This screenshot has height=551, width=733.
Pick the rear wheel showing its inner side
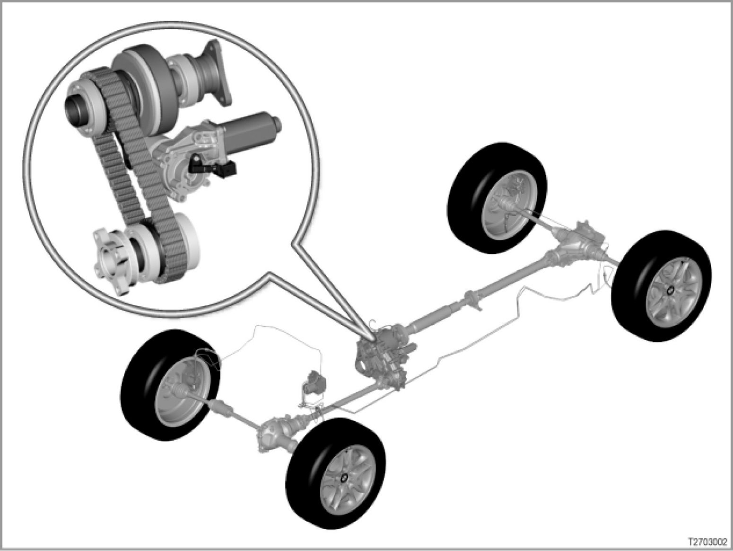coord(497,198)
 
